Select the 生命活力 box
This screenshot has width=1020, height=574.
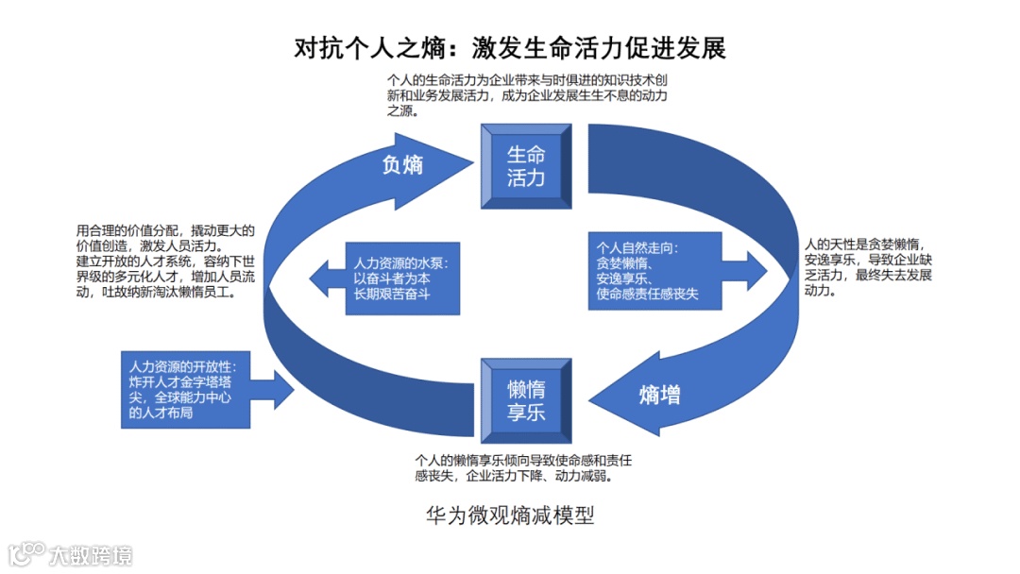tap(526, 166)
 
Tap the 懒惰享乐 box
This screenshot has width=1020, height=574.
tap(526, 400)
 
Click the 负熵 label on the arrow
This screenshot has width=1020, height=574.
tap(402, 165)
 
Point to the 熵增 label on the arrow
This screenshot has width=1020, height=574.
tap(659, 395)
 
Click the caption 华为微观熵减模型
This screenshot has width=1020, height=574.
tap(510, 515)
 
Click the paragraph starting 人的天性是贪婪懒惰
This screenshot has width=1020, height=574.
tap(866, 266)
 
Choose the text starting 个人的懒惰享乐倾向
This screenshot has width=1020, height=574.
tap(523, 468)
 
